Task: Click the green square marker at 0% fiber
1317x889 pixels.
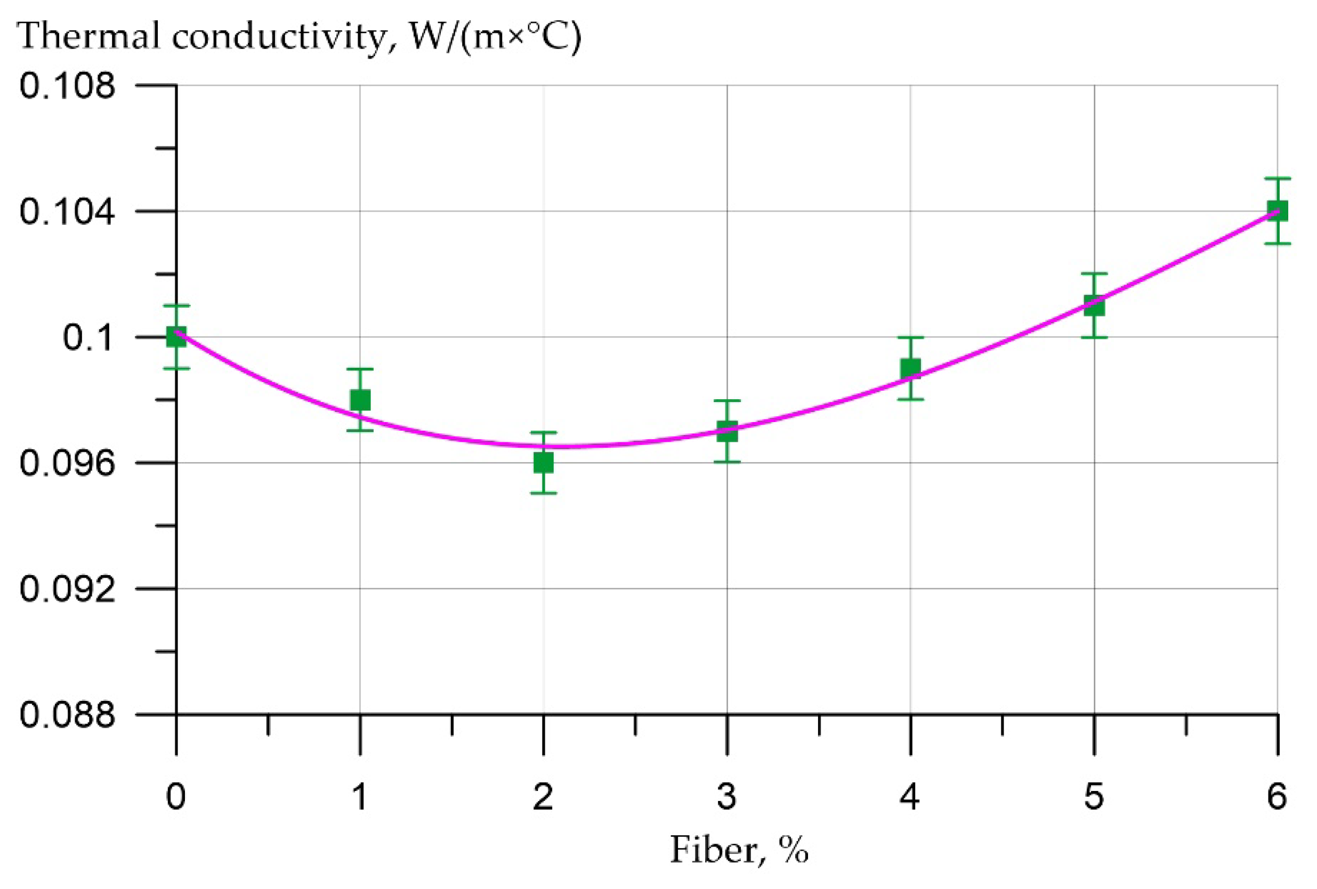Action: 176,338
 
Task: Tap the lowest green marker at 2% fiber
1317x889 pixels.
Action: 544,463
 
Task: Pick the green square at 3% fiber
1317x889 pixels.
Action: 727,431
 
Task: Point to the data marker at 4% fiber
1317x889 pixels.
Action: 911,368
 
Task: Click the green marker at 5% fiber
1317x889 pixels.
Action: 1094,306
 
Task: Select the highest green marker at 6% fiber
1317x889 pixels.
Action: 1278,211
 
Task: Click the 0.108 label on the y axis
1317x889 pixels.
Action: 67,86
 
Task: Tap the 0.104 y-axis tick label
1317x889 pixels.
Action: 67,212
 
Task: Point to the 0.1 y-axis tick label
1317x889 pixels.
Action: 88,338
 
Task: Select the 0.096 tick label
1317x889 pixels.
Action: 67,464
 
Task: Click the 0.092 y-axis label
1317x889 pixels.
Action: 67,589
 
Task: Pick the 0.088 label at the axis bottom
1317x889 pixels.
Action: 67,715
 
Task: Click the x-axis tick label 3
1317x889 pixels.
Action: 726,797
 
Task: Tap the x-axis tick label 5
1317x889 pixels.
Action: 1094,797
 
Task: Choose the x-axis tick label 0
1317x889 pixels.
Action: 176,797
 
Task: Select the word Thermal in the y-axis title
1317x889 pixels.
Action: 89,36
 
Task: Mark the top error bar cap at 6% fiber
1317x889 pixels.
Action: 1278,179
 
